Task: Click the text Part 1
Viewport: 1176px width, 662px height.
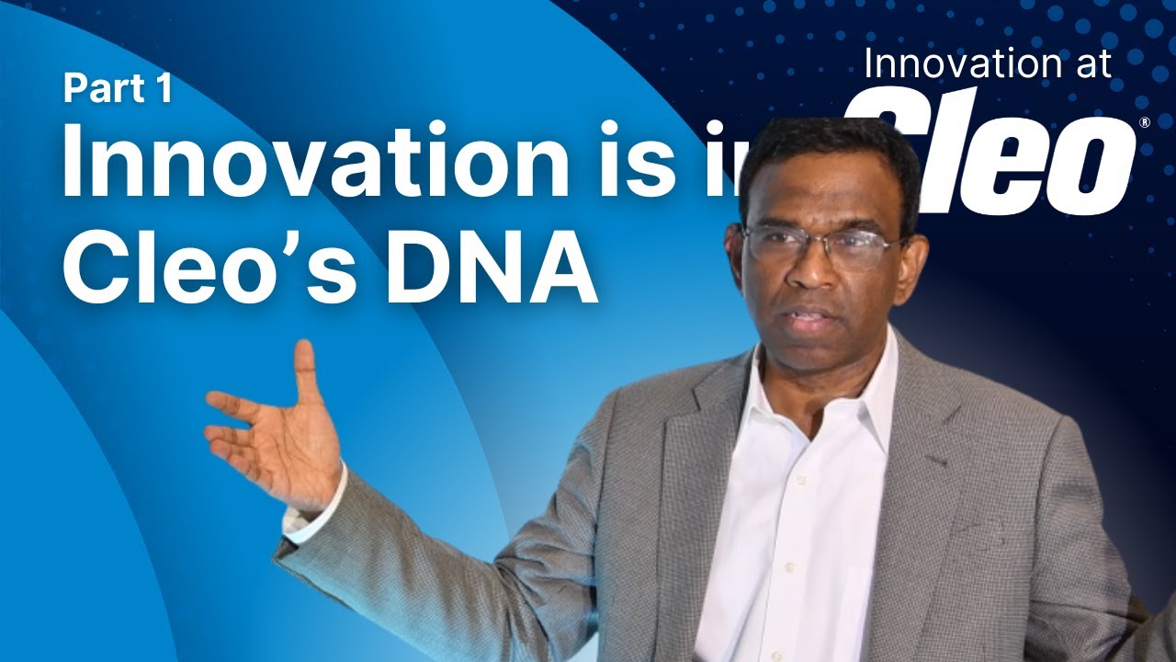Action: tap(118, 89)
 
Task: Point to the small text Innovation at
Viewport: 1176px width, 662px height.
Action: tap(988, 64)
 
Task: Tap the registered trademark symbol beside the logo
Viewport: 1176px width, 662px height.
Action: tap(1144, 122)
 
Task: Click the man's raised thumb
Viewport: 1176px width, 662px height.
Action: tap(303, 368)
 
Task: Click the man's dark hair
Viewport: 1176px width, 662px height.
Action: tap(827, 156)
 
